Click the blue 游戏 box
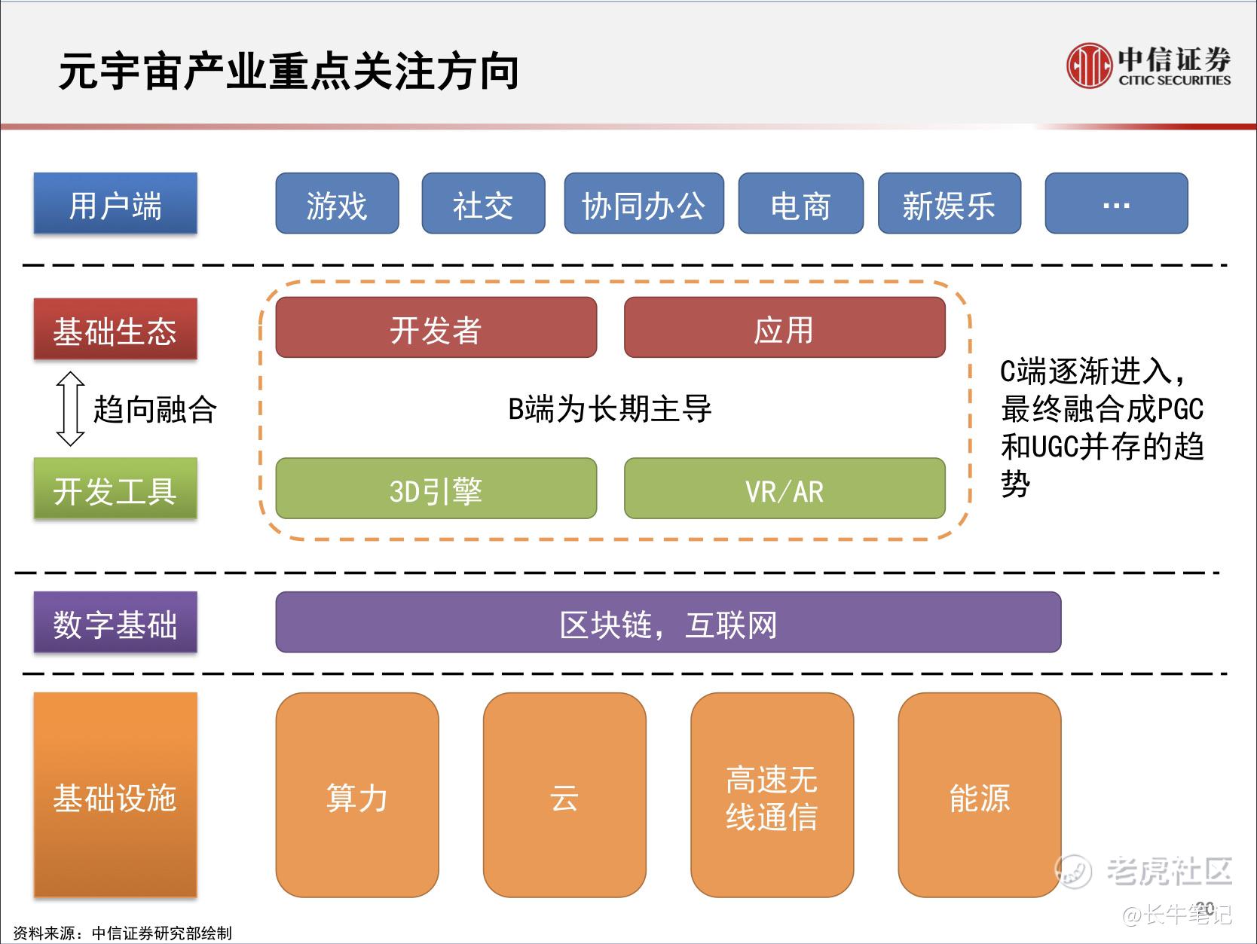338,203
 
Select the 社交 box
483,203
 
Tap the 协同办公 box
644,203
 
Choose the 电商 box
800,203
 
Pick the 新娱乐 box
950,203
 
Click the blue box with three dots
1116,203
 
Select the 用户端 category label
115,203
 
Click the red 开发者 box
436,328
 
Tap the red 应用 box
784,328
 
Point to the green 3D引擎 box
436,488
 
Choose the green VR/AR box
784,488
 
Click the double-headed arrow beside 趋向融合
70,409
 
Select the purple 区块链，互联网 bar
668,622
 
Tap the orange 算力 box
357,795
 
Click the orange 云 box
564,795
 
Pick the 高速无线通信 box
772,795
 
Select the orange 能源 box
979,795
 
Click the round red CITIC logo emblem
1089,66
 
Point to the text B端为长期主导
610,409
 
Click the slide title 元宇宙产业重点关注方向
289,72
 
